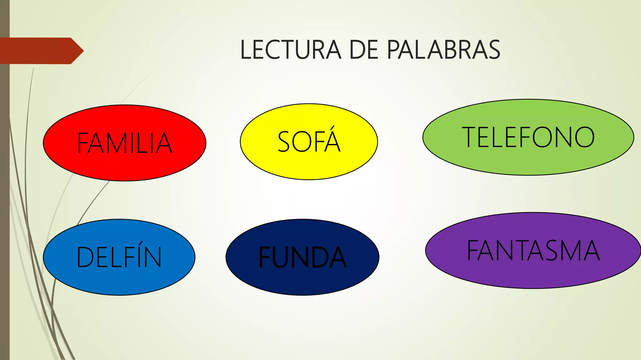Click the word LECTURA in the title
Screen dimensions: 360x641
click(290, 50)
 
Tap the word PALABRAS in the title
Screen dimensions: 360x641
click(444, 50)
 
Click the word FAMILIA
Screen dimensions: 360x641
click(125, 143)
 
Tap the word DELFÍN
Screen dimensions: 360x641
click(119, 257)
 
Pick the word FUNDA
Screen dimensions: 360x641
click(302, 257)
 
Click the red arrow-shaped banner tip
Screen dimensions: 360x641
click(78, 51)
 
